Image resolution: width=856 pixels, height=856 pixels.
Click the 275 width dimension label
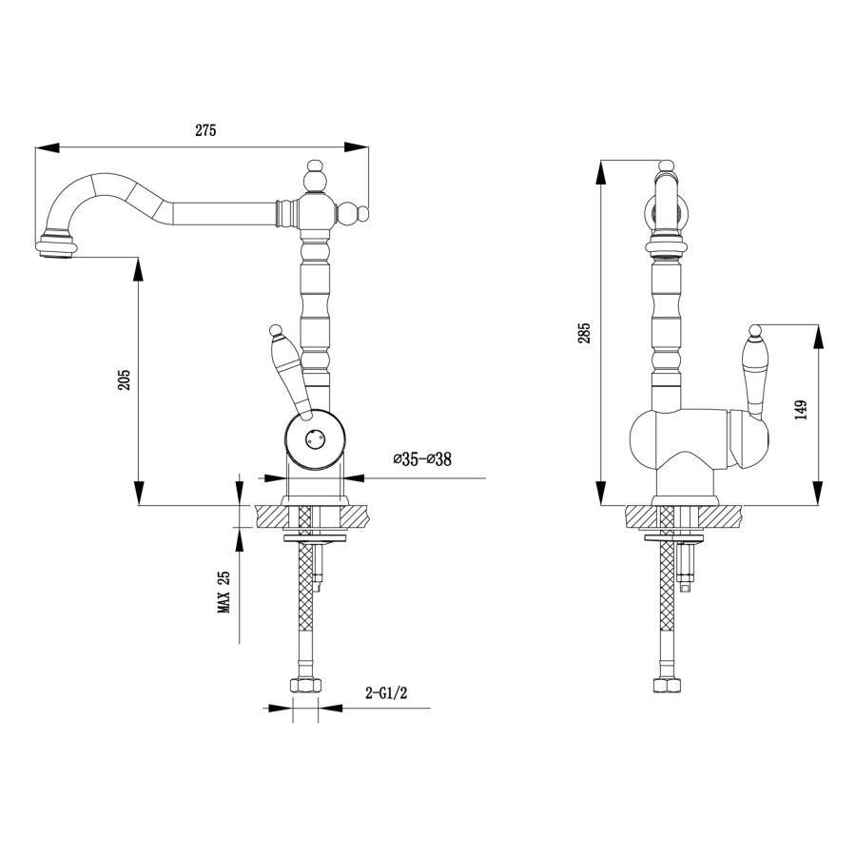[x=205, y=130]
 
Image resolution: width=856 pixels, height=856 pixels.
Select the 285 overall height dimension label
[x=585, y=333]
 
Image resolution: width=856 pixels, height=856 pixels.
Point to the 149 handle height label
[x=801, y=409]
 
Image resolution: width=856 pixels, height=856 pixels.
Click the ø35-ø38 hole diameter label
[x=422, y=458]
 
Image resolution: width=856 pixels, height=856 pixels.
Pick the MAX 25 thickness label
[x=224, y=593]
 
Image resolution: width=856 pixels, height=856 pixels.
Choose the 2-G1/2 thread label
[x=386, y=693]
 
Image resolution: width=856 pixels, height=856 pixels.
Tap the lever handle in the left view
[x=288, y=371]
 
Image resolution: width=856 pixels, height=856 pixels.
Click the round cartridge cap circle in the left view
[x=315, y=438]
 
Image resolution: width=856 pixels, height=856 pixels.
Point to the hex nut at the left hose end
[x=305, y=686]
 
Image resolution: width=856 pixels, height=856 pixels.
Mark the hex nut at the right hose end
[x=668, y=685]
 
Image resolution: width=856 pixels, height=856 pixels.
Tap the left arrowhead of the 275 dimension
[x=47, y=147]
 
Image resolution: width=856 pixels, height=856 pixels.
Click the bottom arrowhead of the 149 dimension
[x=817, y=493]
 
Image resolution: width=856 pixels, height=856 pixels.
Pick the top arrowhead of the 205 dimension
[x=139, y=269]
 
